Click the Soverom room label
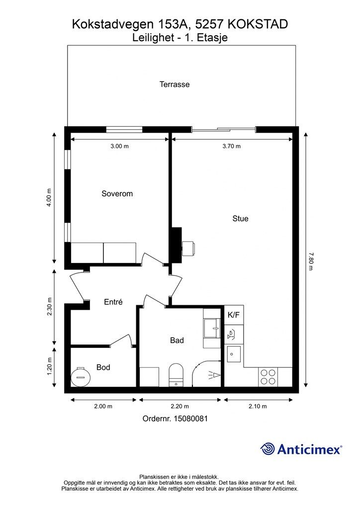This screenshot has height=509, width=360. point(117,194)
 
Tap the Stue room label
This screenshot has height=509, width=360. point(240,219)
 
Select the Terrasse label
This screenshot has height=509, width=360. point(175,85)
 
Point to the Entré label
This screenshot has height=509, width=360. point(113,302)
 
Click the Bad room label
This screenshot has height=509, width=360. point(177,340)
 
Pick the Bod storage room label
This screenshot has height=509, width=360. point(103,368)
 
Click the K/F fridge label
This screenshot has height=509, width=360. point(234,315)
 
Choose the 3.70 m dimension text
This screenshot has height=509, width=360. point(231,146)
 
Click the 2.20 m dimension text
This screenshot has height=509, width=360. point(180,406)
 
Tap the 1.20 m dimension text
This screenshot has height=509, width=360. point(50,367)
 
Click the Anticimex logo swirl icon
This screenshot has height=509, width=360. point(268,449)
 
